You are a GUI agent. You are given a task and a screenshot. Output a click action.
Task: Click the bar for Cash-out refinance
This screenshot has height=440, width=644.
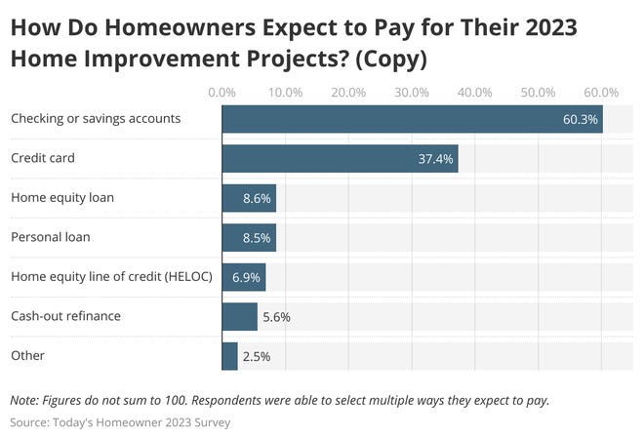[x=239, y=316]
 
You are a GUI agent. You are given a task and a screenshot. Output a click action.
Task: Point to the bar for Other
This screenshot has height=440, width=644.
[x=230, y=356]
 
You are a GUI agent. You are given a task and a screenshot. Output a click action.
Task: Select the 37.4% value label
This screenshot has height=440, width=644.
[x=435, y=159]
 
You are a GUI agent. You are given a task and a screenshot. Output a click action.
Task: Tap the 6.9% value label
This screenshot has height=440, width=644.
[x=246, y=277]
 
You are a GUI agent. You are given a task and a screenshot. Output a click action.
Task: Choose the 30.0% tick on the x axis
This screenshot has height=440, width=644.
[x=412, y=93]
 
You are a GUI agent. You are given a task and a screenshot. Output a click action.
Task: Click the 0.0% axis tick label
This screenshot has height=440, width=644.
[x=222, y=93]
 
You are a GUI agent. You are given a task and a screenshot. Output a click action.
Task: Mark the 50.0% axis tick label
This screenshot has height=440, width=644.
[x=538, y=93]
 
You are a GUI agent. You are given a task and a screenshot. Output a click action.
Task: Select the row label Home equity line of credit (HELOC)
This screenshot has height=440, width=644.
[x=108, y=276]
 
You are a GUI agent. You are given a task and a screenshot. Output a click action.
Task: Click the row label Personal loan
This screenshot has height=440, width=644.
[x=50, y=237]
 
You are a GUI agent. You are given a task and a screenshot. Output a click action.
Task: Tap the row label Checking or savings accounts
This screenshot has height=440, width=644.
[x=96, y=119]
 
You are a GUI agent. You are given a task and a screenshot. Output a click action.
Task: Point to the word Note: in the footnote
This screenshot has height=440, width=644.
[x=27, y=400]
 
